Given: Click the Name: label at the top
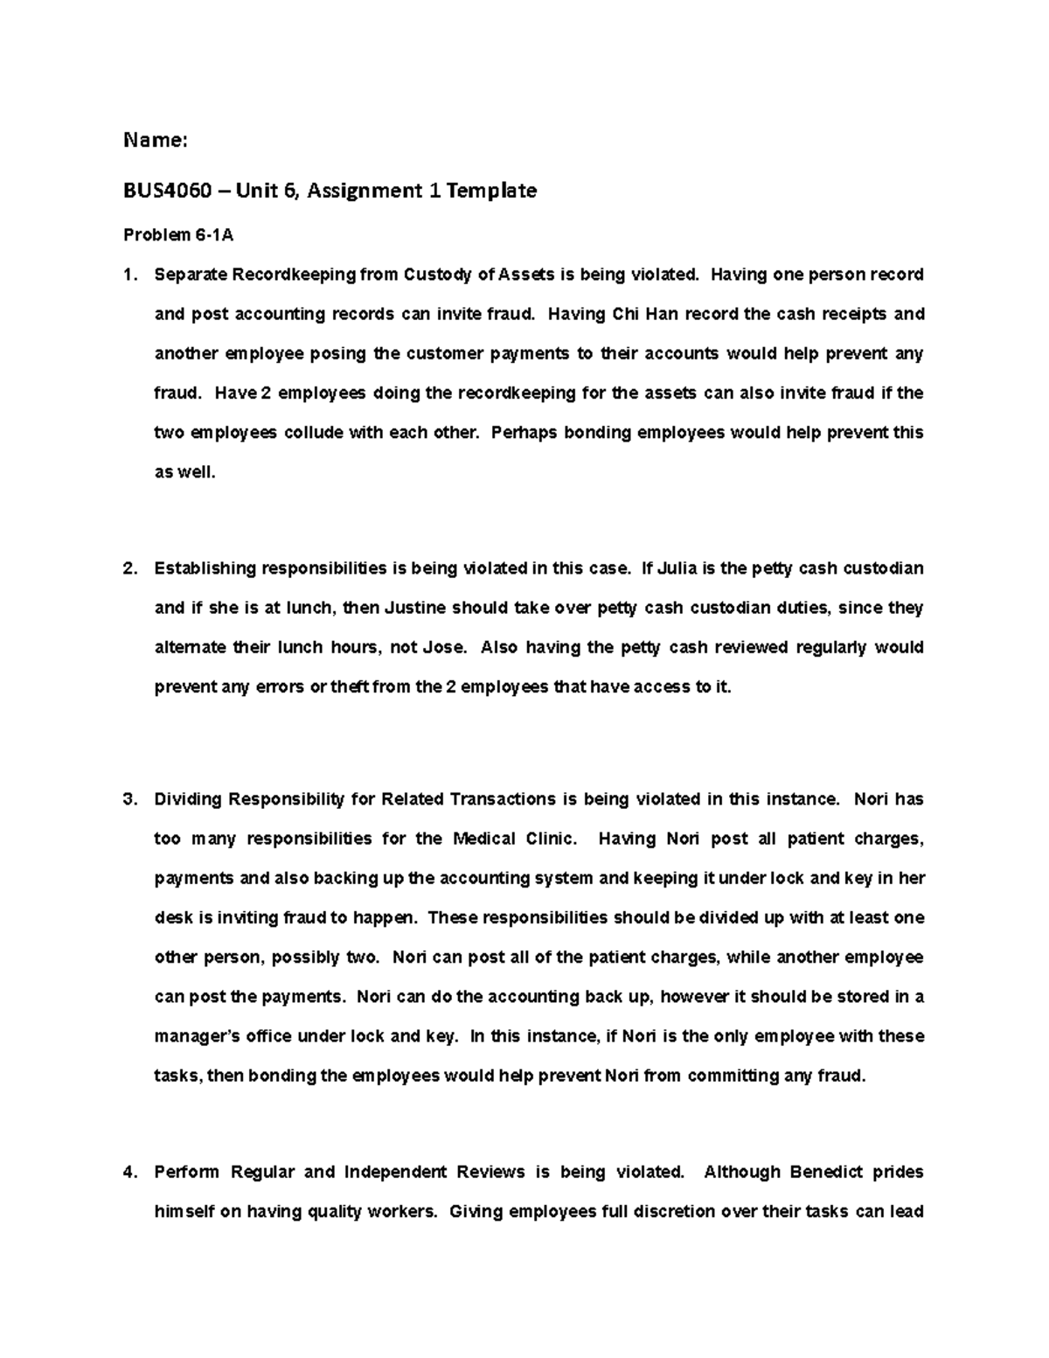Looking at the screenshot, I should [x=156, y=140].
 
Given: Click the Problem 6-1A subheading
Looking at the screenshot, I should [x=178, y=235].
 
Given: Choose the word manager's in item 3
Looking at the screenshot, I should [x=197, y=1037].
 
